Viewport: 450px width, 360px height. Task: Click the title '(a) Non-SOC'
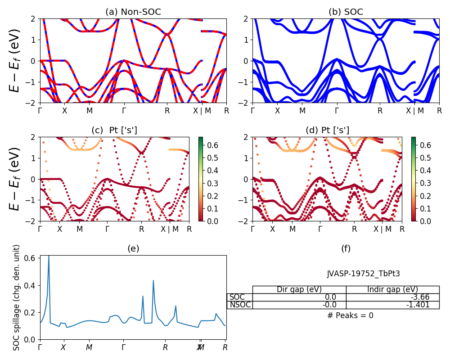coord(133,12)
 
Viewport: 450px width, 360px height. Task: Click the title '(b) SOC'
coord(346,12)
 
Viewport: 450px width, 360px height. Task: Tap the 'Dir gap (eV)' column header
coord(299,289)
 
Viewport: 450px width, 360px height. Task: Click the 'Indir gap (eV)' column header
coord(392,289)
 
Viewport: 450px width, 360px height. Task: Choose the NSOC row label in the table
coord(239,305)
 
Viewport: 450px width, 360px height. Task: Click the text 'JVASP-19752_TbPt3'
coord(364,274)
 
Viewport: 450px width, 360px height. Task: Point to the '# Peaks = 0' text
coord(350,315)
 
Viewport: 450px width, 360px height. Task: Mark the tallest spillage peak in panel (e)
coord(49,256)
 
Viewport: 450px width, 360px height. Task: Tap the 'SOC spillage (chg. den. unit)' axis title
coord(17,297)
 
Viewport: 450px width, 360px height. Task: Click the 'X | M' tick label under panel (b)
coord(414,110)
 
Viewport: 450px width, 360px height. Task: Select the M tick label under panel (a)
coord(90,110)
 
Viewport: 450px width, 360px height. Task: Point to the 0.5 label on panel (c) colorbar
coord(211,158)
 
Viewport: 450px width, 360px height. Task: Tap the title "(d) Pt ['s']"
coord(327,130)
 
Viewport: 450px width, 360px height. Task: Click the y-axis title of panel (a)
coord(15,61)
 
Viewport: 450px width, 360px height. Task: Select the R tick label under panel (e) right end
coord(225,347)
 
